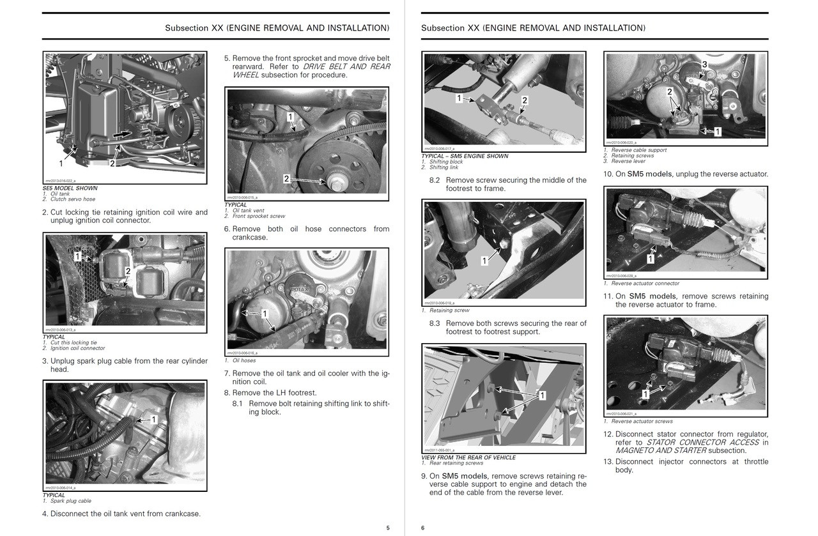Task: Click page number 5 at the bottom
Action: [388, 527]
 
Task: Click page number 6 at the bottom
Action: [422, 527]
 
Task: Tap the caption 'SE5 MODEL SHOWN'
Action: [70, 188]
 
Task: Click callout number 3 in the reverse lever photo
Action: [704, 65]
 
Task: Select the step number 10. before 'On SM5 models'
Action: [608, 174]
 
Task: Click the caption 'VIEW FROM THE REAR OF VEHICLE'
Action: [468, 457]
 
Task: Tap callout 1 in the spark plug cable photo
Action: [153, 420]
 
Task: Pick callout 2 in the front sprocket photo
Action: [286, 179]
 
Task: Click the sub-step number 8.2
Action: [435, 180]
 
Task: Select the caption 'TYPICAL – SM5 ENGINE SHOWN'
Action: [465, 156]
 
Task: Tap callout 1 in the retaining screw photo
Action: [484, 261]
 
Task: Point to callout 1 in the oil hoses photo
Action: [265, 314]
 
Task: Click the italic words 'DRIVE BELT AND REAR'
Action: [346, 66]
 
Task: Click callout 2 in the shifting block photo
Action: [525, 100]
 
